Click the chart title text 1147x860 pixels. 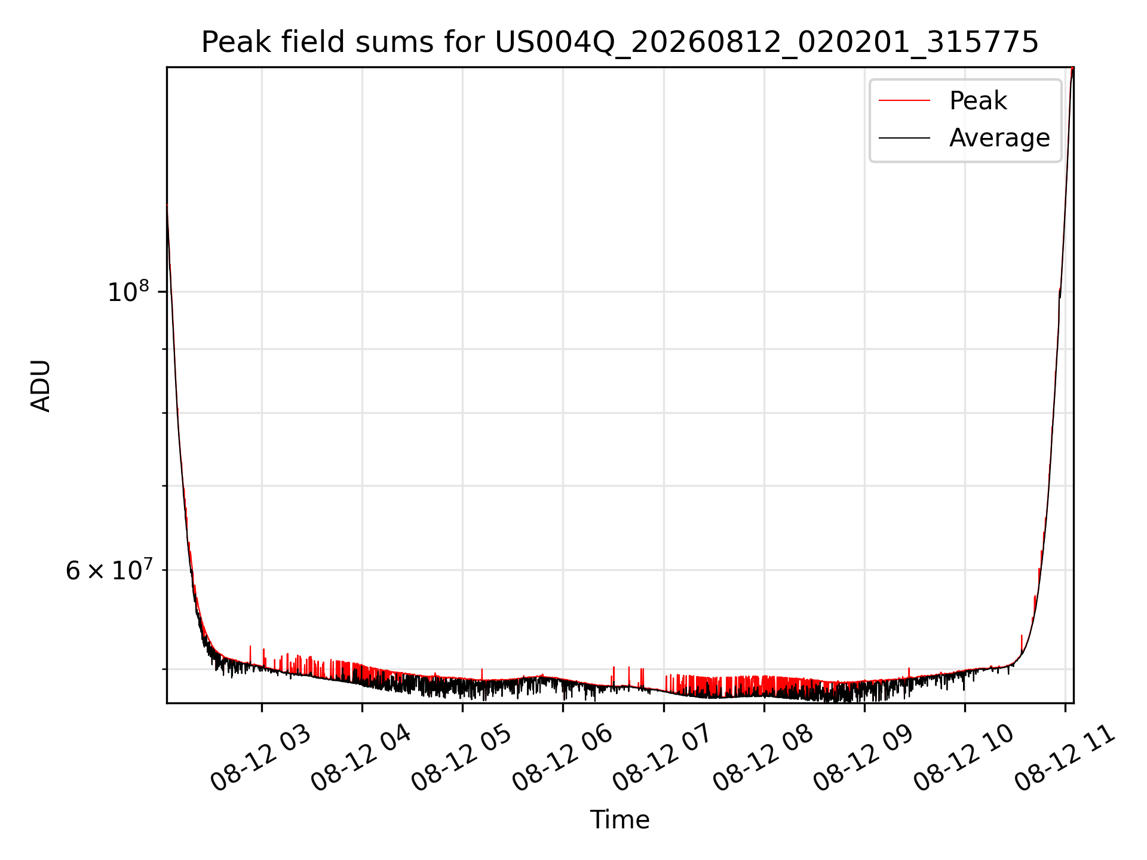(619, 42)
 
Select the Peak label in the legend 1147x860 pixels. (978, 100)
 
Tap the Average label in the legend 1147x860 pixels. (999, 138)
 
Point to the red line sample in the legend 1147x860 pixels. (904, 100)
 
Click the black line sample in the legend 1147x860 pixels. (904, 138)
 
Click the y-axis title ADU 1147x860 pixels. (41, 386)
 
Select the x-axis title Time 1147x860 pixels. (619, 819)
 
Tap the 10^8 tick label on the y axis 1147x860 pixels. (128, 291)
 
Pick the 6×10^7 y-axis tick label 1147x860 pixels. (108, 570)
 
